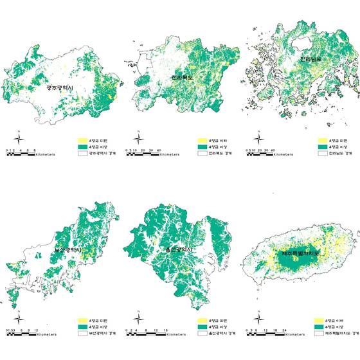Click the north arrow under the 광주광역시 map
pos(20,140)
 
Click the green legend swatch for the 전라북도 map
pos(200,147)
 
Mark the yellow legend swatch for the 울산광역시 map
pos(200,319)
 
